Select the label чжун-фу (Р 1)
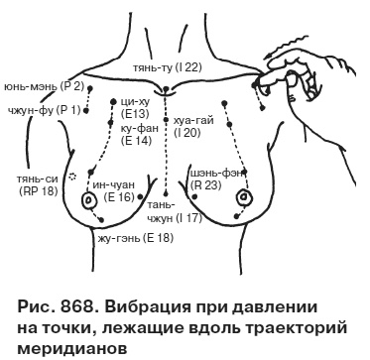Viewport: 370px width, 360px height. coord(37,110)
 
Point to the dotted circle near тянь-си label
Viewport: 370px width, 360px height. coord(70,178)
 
